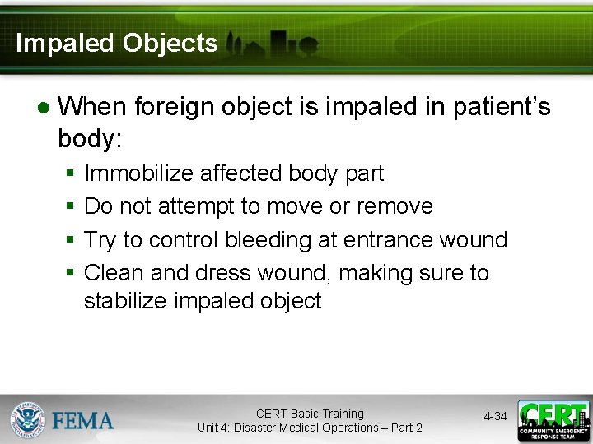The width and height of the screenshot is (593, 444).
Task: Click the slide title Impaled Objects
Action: point(116,44)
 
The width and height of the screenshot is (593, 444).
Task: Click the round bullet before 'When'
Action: point(43,108)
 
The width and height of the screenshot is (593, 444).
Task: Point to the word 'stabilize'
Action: point(125,301)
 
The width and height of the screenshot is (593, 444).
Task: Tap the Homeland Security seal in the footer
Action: point(27,420)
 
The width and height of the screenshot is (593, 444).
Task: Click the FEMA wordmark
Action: point(82,421)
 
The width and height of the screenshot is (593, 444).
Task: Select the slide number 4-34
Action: point(495,417)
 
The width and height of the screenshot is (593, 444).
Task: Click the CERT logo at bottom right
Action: point(553,420)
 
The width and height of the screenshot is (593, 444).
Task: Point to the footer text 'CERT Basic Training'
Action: point(310,414)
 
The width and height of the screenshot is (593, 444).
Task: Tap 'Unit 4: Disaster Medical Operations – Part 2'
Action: point(310,428)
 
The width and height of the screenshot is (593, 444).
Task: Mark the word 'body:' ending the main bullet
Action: point(90,138)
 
